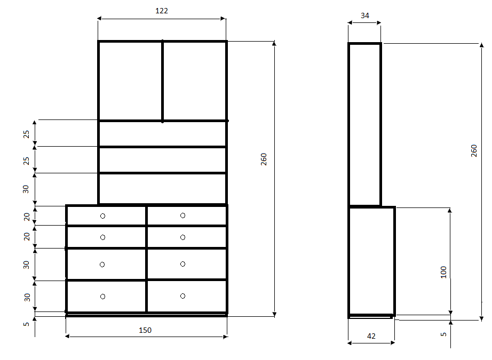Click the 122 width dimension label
162,11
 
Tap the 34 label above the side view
365,15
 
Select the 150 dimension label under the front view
145,330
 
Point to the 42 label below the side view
371,336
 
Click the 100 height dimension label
443,272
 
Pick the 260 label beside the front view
264,159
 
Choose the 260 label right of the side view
474,151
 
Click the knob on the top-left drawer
102,216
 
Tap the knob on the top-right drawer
183,215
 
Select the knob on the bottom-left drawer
102,297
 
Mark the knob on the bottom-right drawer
183,296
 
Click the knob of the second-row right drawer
183,237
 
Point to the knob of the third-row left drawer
102,265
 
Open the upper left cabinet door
131,81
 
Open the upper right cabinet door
195,81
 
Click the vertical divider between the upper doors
163,81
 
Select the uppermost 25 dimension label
26,134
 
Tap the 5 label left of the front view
26,324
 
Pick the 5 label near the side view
443,334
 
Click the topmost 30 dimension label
26,189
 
